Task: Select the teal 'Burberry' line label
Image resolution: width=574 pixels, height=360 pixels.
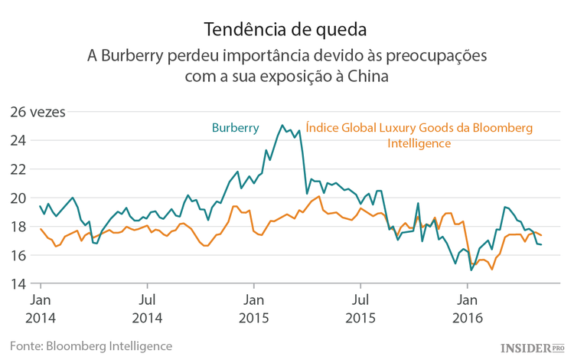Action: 235,127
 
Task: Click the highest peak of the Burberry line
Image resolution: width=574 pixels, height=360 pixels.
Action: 282,125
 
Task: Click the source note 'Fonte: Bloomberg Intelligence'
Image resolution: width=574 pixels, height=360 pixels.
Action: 91,345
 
